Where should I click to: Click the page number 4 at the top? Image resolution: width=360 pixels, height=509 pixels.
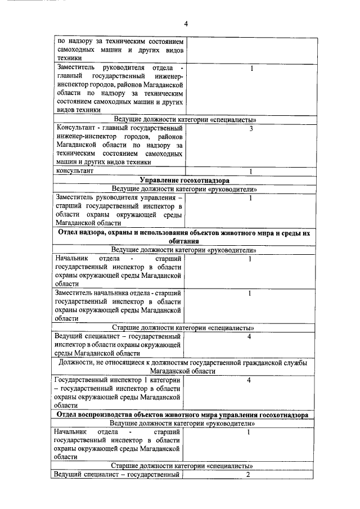click(x=186, y=24)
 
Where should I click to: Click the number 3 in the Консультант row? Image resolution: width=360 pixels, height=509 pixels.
click(x=250, y=129)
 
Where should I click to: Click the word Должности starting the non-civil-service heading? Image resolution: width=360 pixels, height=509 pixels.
click(x=77, y=363)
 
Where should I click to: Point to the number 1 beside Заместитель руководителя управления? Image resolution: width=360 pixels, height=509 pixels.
click(x=250, y=198)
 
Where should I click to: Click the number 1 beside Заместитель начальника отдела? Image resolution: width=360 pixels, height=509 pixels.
click(x=249, y=293)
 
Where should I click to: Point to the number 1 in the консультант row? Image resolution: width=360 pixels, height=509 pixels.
click(x=250, y=172)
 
